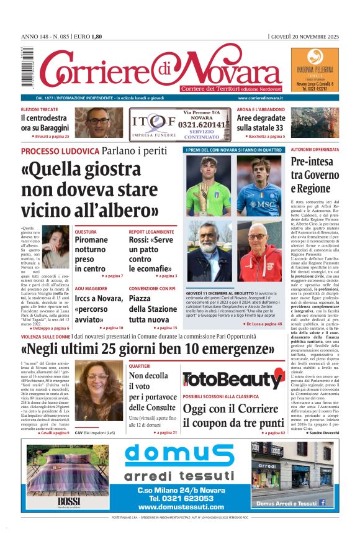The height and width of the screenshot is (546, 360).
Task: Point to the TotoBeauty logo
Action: [233, 378]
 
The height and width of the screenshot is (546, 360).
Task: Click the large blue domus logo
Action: [179, 457]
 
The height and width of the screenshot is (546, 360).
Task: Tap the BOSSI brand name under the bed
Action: [65, 501]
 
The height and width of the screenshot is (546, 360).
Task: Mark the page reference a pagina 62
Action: [274, 432]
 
